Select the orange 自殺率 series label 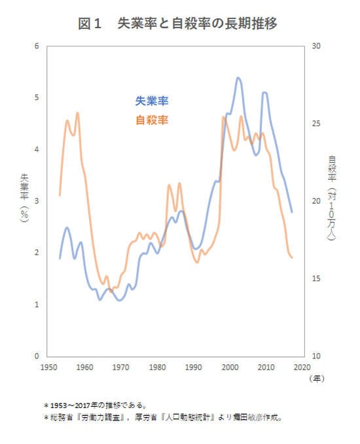(152, 120)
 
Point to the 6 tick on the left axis (37, 46)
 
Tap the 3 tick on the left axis (37, 201)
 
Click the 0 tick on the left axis (37, 356)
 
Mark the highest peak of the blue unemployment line (238, 77)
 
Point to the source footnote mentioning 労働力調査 (163, 417)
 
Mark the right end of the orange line (292, 258)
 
